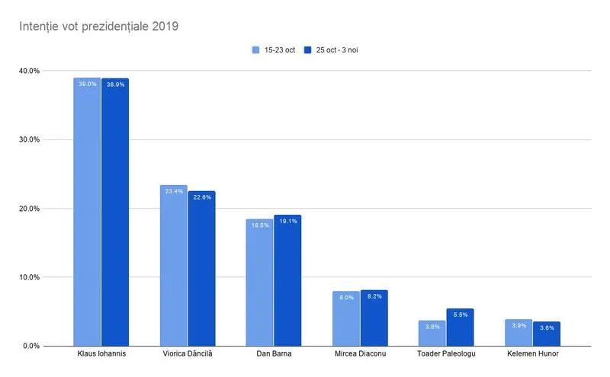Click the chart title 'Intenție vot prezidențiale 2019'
(98, 27)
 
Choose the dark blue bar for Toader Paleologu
(460, 327)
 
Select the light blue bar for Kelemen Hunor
(518, 332)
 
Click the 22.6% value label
(201, 197)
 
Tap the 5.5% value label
(460, 315)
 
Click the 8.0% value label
(345, 298)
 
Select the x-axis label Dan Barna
(273, 355)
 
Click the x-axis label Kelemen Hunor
(532, 355)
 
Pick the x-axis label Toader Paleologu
(446, 355)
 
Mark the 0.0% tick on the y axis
(30, 346)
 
